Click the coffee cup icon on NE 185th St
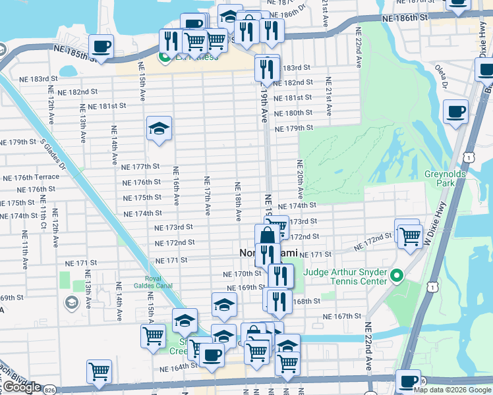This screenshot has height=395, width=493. point(101,46)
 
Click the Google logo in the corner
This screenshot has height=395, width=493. point(22,388)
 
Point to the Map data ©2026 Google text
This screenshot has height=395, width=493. point(452,390)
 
